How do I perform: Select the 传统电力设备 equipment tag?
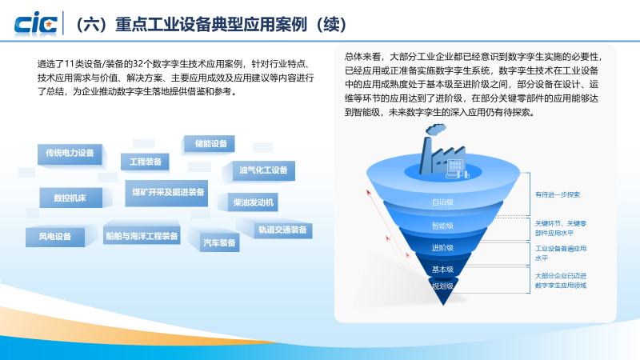click(70, 153)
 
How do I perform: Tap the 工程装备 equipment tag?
click(145, 162)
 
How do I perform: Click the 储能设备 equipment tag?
click(210, 144)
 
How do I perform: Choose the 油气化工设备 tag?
click(263, 170)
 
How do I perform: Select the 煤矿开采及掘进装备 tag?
click(168, 192)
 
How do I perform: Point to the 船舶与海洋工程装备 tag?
click(141, 237)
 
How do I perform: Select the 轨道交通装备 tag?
click(282, 230)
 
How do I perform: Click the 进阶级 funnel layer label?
click(442, 248)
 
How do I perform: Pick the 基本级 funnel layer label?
click(442, 270)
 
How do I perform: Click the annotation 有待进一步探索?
click(558, 194)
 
